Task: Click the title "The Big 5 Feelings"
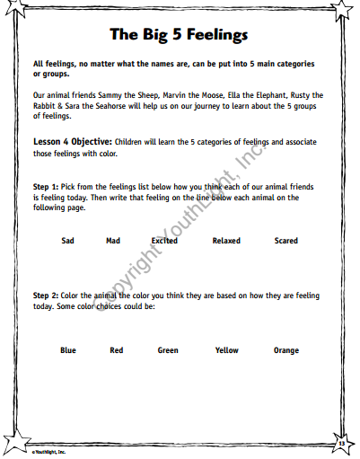[x=179, y=35]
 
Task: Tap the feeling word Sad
[x=67, y=241]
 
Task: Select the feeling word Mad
[x=113, y=241]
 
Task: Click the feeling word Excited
[x=164, y=241]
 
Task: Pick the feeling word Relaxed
[x=226, y=241]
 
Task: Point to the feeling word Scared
[x=286, y=241]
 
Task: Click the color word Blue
[x=68, y=350]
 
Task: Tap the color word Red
[x=116, y=350]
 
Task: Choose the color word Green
[x=168, y=350]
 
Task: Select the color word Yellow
[x=226, y=350]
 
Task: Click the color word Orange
[x=286, y=350]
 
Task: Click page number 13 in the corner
[x=341, y=443]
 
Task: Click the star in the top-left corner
[x=12, y=11]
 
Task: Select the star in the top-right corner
[x=347, y=11]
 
